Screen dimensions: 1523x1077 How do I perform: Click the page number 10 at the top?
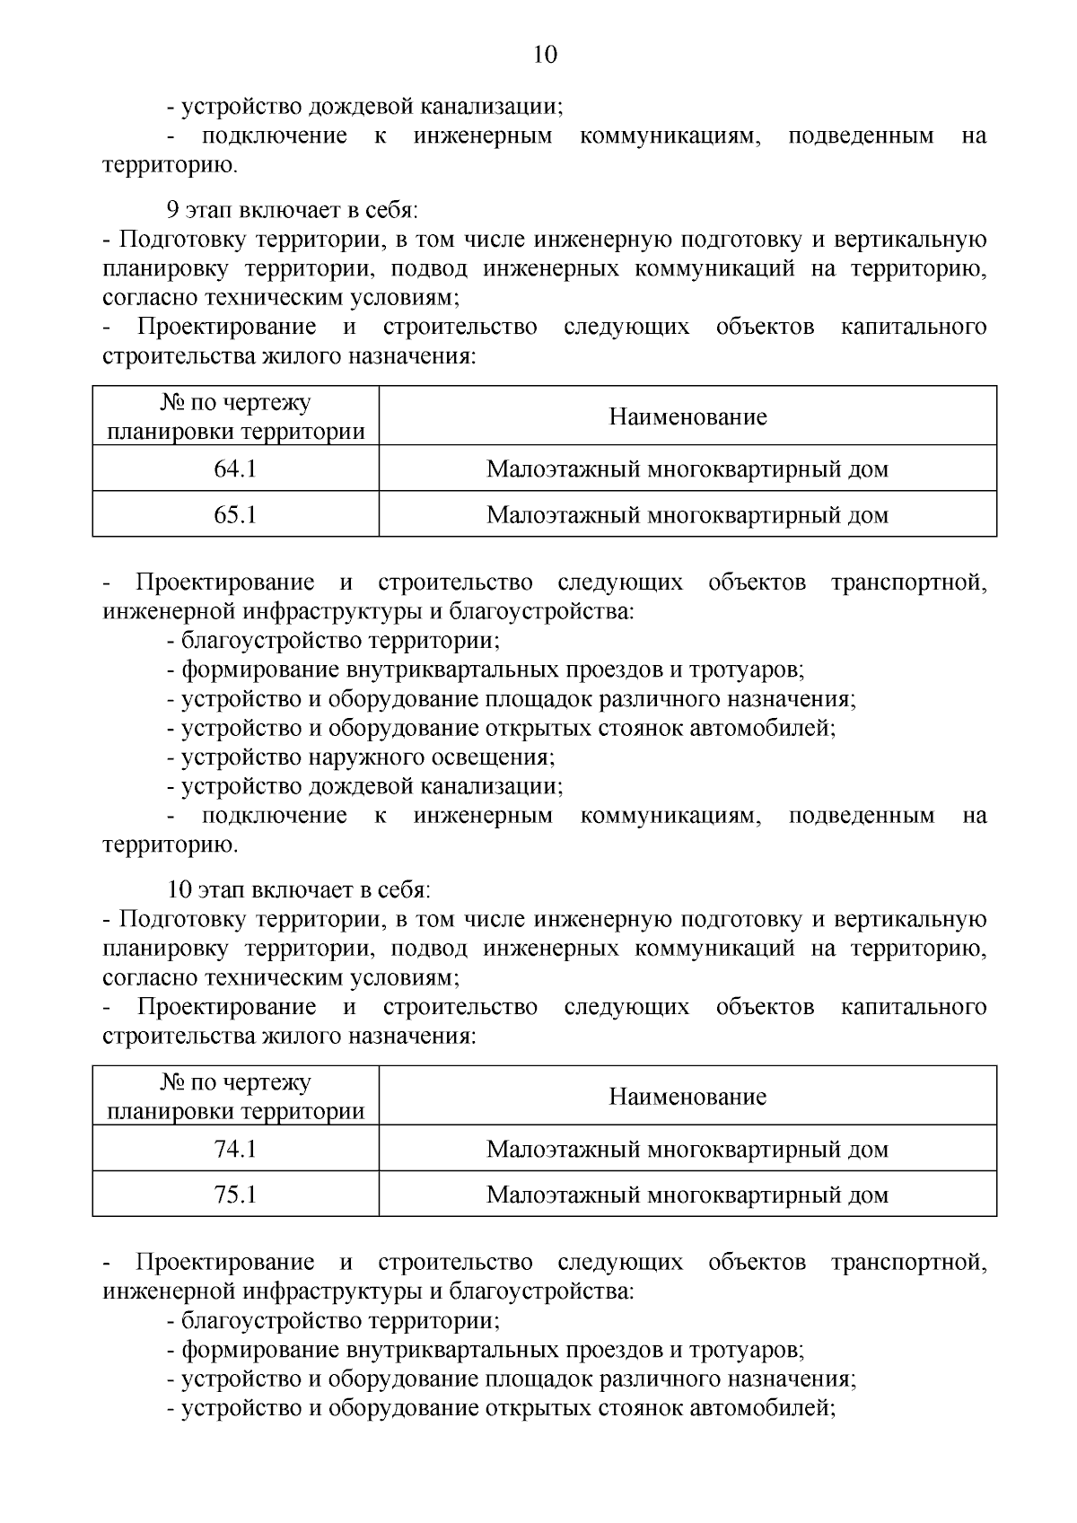[x=545, y=56]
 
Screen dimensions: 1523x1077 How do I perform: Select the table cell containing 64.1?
[x=235, y=468]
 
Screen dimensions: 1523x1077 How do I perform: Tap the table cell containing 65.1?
[x=235, y=514]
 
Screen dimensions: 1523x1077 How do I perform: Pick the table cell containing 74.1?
[x=235, y=1148]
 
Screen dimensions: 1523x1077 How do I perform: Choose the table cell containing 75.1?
[x=235, y=1195]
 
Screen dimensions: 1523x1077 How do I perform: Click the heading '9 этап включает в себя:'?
[x=293, y=210]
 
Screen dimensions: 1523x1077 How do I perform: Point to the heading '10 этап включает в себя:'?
[x=298, y=889]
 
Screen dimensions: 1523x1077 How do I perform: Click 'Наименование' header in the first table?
[x=687, y=416]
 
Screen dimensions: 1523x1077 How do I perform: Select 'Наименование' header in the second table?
[x=687, y=1096]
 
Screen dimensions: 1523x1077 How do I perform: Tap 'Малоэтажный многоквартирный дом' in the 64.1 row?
[x=687, y=468]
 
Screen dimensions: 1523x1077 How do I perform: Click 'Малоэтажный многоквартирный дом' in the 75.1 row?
[x=687, y=1195]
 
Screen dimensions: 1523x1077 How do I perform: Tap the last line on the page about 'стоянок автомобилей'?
[x=501, y=1407]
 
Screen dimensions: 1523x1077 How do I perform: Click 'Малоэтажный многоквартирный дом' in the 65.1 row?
[x=687, y=514]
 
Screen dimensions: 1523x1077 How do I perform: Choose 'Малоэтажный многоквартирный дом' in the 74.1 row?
[x=687, y=1148]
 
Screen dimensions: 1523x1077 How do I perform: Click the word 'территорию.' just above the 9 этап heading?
[x=170, y=165]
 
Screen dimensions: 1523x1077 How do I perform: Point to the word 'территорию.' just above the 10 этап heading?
[x=170, y=845]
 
